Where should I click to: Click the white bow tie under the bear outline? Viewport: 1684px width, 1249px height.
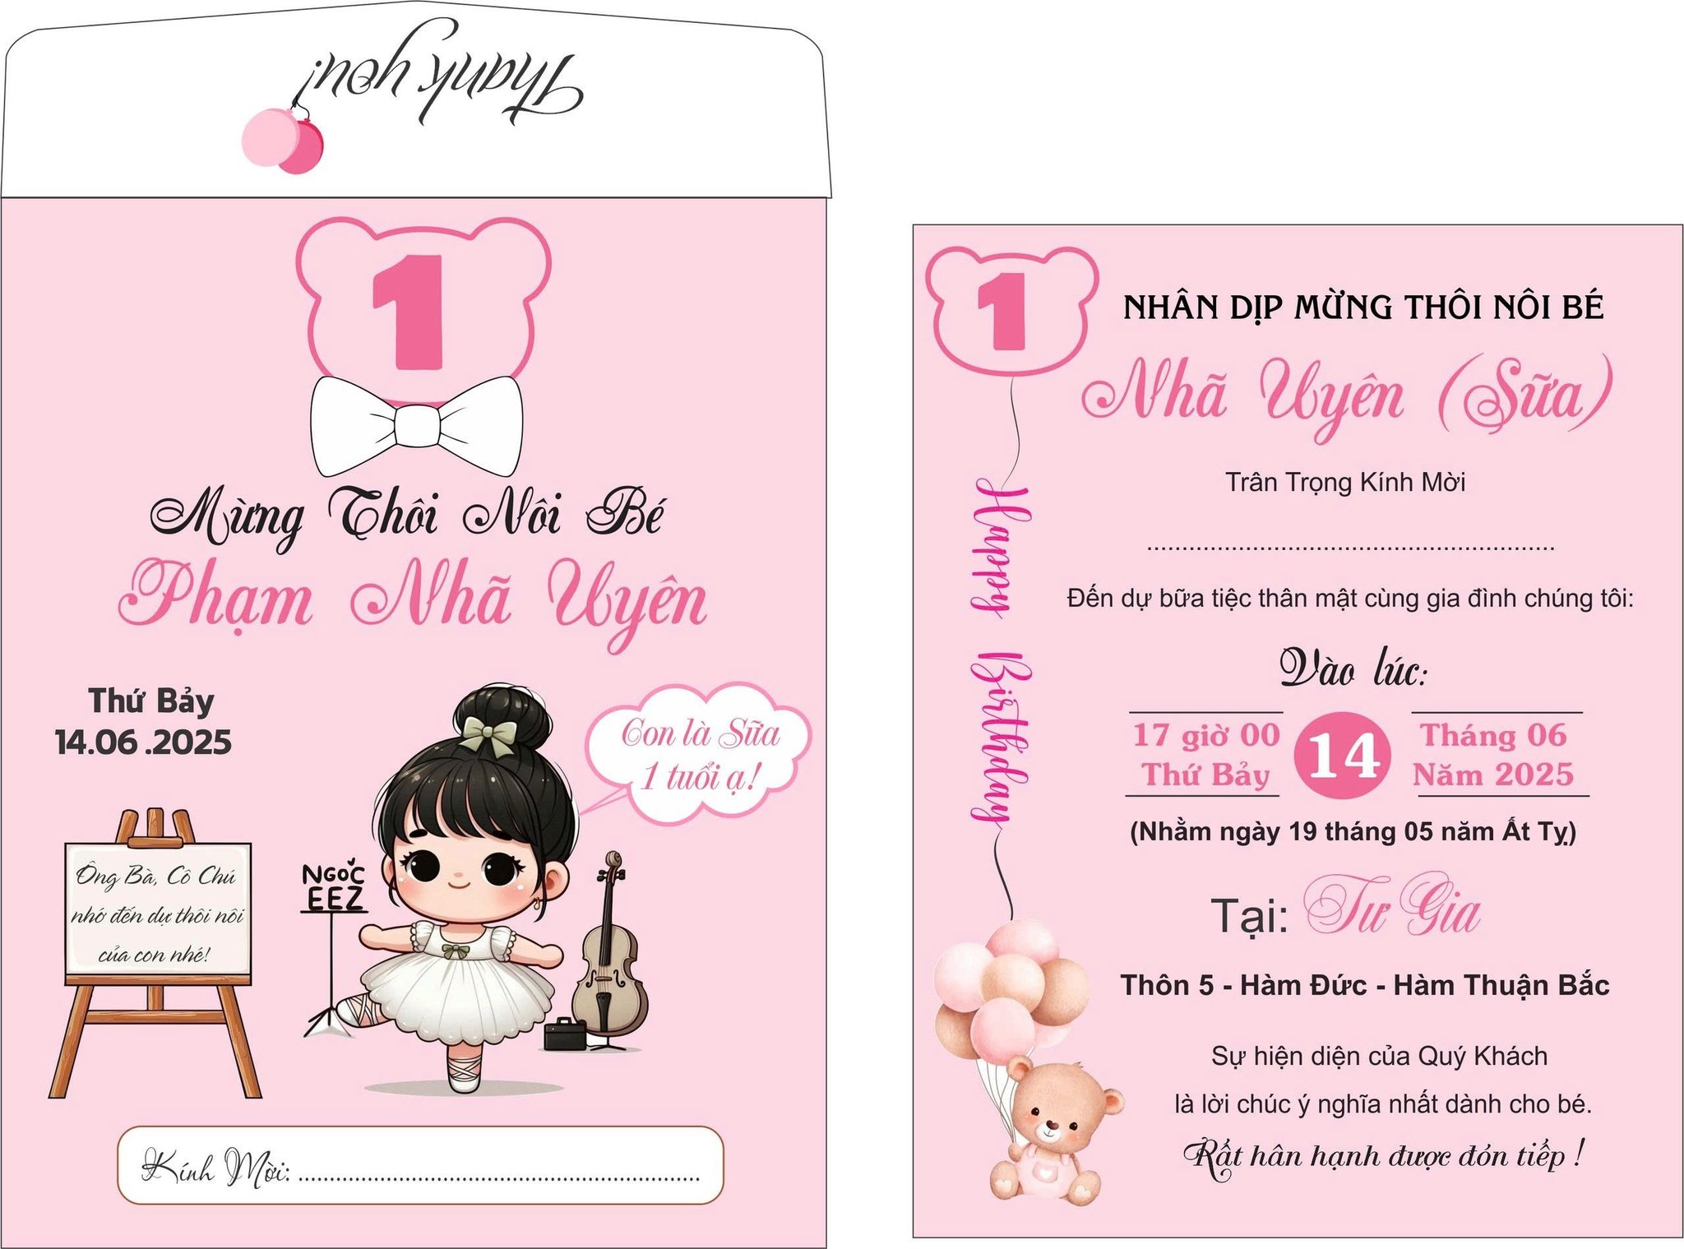pos(416,426)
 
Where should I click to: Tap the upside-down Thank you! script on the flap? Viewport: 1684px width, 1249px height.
pos(442,77)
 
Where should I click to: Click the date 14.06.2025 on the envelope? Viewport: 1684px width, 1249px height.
pos(143,742)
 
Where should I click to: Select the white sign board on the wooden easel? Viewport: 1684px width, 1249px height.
pos(158,909)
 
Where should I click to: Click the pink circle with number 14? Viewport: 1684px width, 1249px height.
pos(1342,755)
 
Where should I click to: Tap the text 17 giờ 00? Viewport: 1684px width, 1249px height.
pos(1206,734)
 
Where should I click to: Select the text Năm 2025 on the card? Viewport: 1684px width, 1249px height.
pos(1493,774)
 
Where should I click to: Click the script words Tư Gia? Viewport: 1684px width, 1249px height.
pos(1392,907)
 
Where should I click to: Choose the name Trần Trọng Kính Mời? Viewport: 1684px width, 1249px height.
pos(1345,483)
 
